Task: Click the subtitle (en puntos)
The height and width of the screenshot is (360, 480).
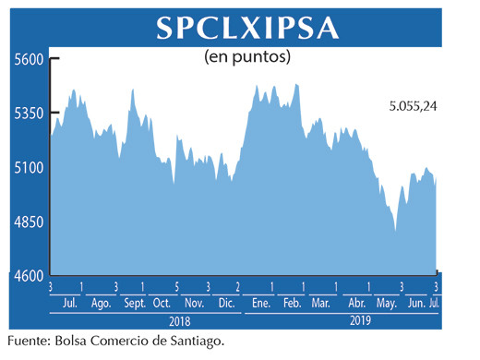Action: coord(246,57)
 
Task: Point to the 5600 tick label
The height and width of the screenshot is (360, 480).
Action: coord(29,59)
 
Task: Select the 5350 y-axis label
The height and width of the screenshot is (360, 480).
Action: coord(29,114)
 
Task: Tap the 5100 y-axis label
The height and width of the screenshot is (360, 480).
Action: coord(29,168)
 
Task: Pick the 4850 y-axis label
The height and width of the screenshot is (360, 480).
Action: coord(29,222)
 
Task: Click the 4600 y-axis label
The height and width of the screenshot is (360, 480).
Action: coord(29,276)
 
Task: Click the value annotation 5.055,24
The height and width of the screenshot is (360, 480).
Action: coord(413,106)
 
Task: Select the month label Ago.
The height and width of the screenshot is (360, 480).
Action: coord(102,303)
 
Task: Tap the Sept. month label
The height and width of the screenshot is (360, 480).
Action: coord(134,303)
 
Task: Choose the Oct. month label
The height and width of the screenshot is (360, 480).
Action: coord(162,303)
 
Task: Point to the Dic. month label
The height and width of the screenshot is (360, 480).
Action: coord(227,303)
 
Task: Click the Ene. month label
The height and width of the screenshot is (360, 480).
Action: coord(260,303)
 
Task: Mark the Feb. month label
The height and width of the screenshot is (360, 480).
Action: coord(293,303)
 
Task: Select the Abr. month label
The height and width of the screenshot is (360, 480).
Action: coord(357,303)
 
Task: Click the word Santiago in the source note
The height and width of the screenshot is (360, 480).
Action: coord(197,342)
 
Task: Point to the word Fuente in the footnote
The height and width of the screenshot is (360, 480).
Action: coord(29,342)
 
